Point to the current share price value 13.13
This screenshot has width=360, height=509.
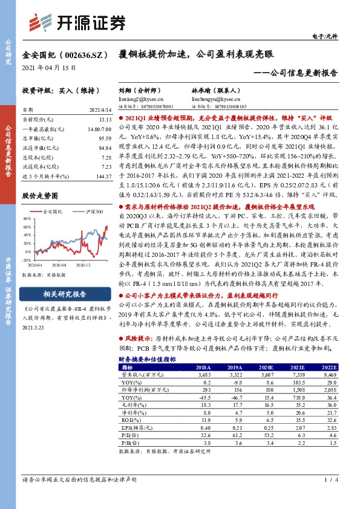coord(105,119)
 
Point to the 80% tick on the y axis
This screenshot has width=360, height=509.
coord(27,218)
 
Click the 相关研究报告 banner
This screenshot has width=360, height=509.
coord(63,294)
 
